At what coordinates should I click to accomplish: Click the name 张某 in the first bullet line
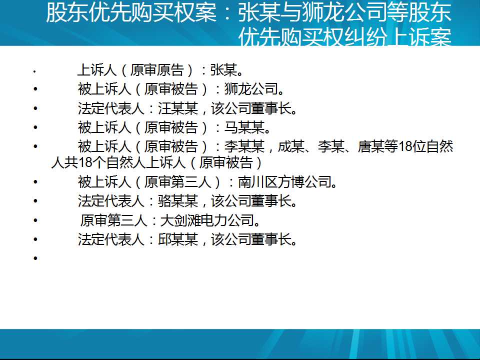(x=224, y=70)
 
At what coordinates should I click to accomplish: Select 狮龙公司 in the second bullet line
(x=251, y=89)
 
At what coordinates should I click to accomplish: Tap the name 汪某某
(x=178, y=108)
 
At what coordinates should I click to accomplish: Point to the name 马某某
(x=244, y=127)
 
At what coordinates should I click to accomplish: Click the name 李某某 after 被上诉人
(x=244, y=146)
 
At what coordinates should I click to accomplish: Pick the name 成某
(x=291, y=146)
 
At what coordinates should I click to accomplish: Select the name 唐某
(x=371, y=146)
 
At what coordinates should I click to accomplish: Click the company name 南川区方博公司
(x=284, y=182)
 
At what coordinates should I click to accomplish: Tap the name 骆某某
(x=178, y=201)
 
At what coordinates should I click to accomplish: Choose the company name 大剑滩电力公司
(x=207, y=220)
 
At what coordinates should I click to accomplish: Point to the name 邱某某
(x=178, y=239)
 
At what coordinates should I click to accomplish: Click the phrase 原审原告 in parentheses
(x=157, y=70)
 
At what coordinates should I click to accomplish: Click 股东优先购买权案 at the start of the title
(x=131, y=13)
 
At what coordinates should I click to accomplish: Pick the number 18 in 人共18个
(x=85, y=162)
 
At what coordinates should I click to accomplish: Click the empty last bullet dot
(x=35, y=258)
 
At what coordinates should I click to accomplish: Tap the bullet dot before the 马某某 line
(x=35, y=127)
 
